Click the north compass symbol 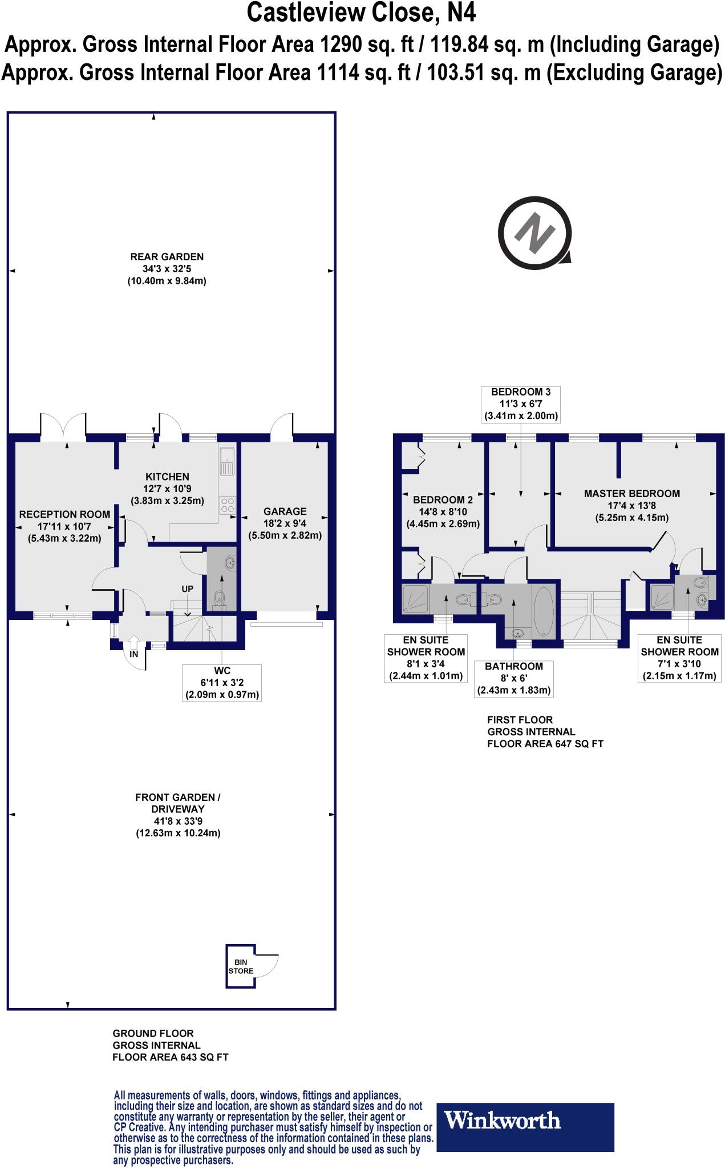535,232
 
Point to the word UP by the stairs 187,588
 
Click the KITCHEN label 167,477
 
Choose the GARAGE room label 285,511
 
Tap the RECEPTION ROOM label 64,514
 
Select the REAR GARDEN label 167,257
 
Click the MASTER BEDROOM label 632,494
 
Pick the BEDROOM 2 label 443,500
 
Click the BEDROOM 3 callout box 521,404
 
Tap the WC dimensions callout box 221,683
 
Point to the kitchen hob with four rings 227,506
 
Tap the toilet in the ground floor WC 218,599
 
